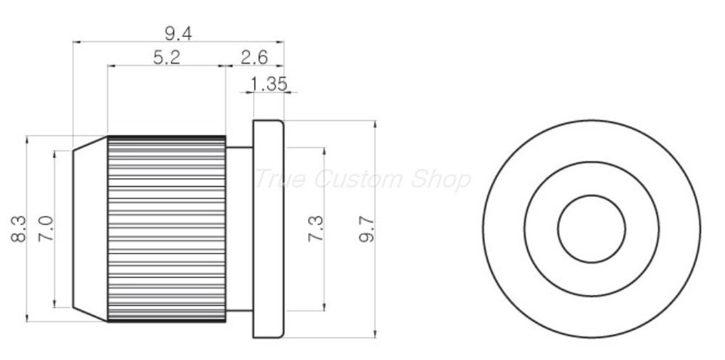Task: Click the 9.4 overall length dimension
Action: [178, 32]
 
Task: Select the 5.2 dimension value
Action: [166, 57]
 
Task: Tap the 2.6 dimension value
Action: [254, 57]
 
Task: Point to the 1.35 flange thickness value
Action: [268, 84]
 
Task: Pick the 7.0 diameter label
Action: [45, 228]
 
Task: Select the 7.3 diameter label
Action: [316, 228]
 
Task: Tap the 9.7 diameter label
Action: [366, 228]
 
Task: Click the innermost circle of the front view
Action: [591, 229]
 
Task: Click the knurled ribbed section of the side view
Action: [166, 229]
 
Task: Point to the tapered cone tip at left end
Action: [89, 229]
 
